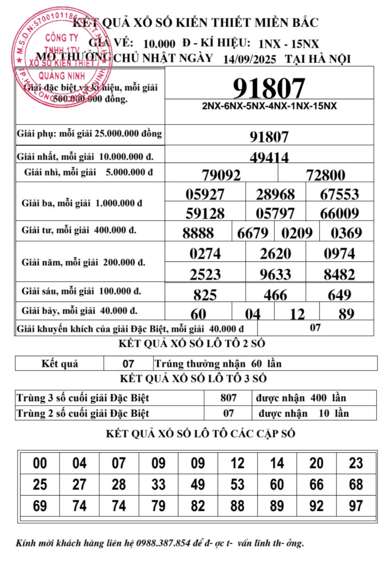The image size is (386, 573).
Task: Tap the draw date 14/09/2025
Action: (x=249, y=59)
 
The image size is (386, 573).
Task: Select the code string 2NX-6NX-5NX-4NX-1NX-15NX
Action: (x=269, y=106)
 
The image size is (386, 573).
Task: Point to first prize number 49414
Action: (x=269, y=157)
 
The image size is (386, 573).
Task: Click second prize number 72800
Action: (x=326, y=175)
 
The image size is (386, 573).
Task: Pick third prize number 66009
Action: (x=339, y=213)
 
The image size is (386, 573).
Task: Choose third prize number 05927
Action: (x=205, y=194)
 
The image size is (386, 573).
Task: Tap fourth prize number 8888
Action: (x=198, y=233)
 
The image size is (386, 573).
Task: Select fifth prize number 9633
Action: (x=275, y=274)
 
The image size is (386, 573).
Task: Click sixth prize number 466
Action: (x=275, y=295)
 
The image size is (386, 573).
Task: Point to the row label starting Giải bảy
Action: (x=79, y=311)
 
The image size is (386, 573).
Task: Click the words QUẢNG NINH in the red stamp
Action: (x=62, y=76)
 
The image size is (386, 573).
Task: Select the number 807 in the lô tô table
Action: (x=228, y=398)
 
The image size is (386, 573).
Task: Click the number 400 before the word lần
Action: (x=318, y=398)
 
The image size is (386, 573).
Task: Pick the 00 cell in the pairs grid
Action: (x=40, y=463)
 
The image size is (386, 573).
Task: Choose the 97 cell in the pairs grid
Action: (x=356, y=506)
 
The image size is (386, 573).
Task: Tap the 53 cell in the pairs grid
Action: (x=237, y=485)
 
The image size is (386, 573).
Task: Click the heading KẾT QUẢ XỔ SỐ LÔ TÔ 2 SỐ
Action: (x=192, y=344)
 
